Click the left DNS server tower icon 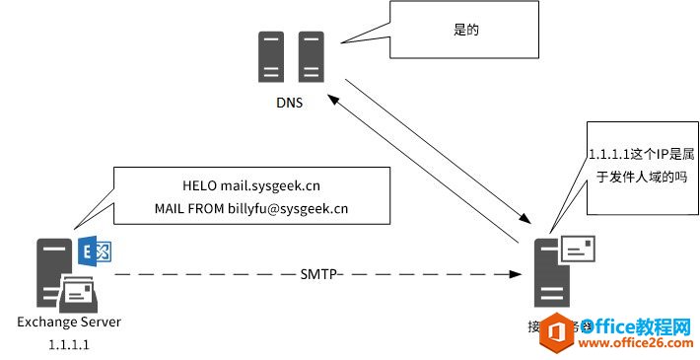[x=270, y=56]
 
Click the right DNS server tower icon [x=311, y=56]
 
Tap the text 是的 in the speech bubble [x=465, y=31]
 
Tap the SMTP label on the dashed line [x=319, y=272]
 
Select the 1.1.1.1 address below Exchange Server [x=67, y=344]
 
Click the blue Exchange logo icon [x=97, y=251]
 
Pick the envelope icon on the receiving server [x=576, y=251]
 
